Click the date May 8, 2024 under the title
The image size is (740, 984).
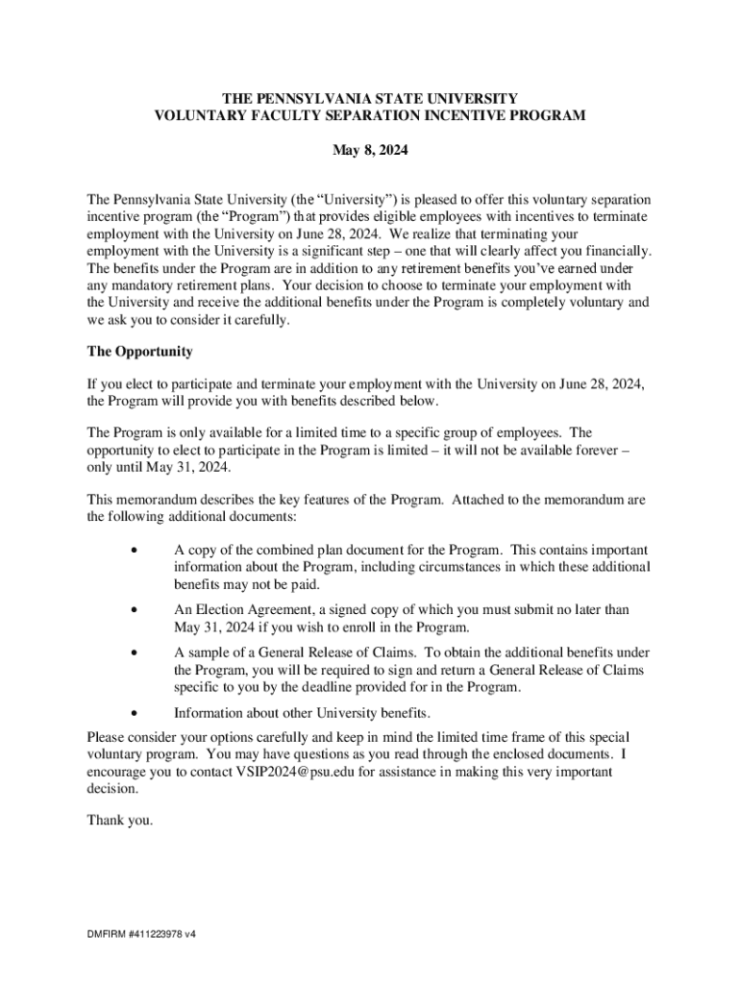(369, 151)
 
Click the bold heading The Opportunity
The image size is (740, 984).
(139, 352)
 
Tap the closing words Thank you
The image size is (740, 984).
(120, 821)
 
